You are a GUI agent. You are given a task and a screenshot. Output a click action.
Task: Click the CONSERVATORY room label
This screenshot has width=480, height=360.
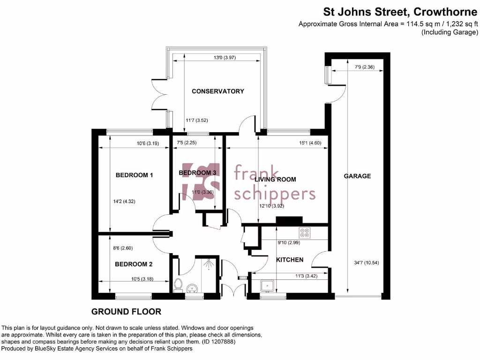(217, 91)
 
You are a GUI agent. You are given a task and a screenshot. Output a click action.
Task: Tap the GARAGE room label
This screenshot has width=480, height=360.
(357, 176)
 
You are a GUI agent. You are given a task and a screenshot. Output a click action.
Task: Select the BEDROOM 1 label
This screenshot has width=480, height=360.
(134, 175)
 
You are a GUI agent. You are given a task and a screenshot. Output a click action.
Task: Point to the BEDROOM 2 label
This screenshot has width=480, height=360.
(134, 264)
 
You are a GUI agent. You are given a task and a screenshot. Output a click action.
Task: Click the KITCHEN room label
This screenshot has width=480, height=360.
(289, 260)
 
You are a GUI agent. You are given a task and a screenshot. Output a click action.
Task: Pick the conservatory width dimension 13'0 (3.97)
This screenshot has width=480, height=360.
(217, 58)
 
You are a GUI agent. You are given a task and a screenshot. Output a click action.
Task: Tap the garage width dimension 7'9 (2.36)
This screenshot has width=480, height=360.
(364, 67)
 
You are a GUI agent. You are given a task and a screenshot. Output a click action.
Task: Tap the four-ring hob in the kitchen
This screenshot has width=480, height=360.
(305, 232)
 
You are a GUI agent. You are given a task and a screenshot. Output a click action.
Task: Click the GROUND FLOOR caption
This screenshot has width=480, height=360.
(126, 311)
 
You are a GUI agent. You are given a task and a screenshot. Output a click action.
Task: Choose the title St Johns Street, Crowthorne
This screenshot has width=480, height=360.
(400, 12)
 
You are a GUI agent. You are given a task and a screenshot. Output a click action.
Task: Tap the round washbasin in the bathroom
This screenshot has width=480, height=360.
(191, 287)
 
